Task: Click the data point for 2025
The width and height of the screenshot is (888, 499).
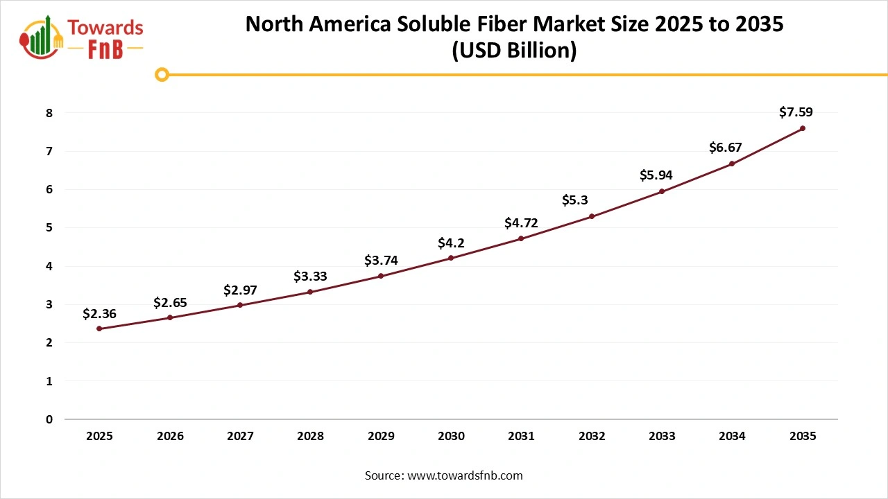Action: click(99, 329)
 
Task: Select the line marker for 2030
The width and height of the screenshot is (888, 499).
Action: click(451, 258)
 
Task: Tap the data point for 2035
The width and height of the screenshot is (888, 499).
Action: click(803, 128)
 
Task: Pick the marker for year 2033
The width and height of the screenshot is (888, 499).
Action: click(662, 191)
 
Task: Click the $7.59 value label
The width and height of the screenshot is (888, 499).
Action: click(796, 112)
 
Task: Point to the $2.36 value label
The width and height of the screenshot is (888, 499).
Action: click(99, 314)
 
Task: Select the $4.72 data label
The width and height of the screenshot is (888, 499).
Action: click(521, 222)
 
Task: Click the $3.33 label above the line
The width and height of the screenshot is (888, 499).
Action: click(310, 277)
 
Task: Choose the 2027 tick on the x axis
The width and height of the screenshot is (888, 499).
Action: click(240, 436)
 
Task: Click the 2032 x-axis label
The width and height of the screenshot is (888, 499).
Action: click(592, 436)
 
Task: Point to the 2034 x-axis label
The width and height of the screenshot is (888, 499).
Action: click(732, 436)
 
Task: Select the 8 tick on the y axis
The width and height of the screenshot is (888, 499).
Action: click(49, 113)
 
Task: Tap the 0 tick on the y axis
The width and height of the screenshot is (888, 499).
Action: click(49, 419)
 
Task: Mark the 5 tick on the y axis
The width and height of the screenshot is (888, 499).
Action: click(49, 228)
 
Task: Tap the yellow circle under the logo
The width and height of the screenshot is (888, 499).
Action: click(162, 74)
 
